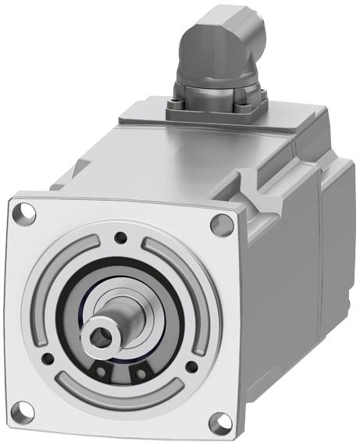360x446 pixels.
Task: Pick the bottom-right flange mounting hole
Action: [217, 426]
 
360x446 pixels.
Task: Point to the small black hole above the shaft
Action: [119, 239]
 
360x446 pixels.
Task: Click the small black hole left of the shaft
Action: [48, 359]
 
